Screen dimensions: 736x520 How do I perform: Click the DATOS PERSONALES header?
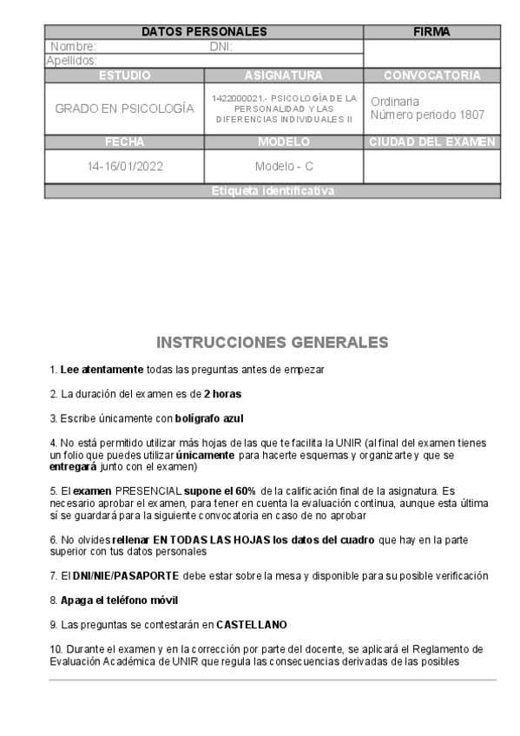coord(203,32)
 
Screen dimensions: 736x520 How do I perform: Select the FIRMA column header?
coord(431,32)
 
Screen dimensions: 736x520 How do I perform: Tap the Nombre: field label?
coord(74,47)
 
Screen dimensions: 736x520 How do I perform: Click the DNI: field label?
coord(221,47)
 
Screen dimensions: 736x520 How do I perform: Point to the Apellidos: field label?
coord(71,60)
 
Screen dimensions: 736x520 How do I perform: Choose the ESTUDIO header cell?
coord(124,76)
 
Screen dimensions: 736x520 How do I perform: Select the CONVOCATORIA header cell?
coord(431,76)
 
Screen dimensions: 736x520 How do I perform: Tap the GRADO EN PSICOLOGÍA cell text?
coord(124,109)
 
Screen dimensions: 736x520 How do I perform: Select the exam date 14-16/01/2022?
coord(124,167)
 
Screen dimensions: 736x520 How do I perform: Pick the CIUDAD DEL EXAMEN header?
coord(431,141)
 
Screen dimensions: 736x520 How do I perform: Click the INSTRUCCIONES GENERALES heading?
coord(272,341)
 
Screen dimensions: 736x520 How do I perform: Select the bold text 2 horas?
coord(223,394)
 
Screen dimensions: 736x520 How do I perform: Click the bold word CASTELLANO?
coord(251,624)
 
